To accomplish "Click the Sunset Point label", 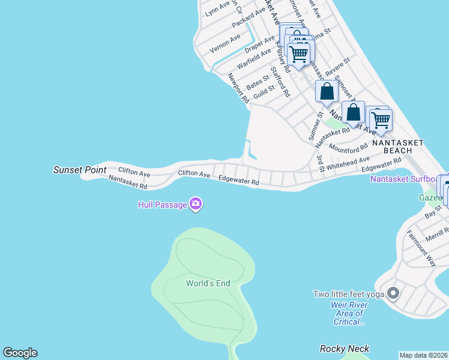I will (80, 170).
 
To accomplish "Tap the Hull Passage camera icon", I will (195, 205).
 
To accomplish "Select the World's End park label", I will (208, 283).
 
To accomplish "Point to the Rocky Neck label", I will (345, 349).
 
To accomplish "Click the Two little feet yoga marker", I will (393, 294).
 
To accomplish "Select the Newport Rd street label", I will (238, 88).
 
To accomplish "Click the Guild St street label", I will (264, 92).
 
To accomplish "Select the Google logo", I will (20, 353).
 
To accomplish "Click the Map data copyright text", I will (424, 355).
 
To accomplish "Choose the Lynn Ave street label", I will (217, 8).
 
